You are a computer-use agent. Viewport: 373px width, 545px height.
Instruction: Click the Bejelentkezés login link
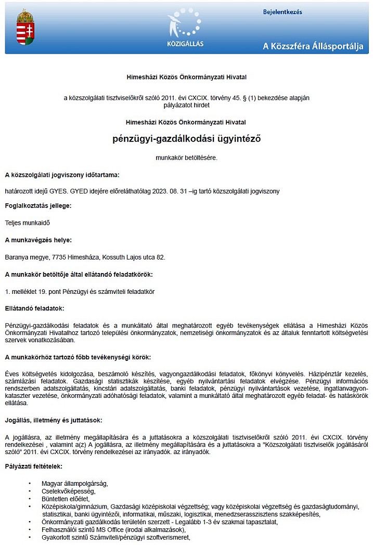[x=282, y=12]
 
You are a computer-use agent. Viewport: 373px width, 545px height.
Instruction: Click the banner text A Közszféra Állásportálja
[x=313, y=46]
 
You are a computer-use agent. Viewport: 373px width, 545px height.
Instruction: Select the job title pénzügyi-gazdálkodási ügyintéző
[x=186, y=139]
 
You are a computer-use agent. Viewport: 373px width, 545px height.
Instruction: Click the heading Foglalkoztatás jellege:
[x=38, y=205]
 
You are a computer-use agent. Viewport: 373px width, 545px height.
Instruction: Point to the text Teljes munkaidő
[x=27, y=223]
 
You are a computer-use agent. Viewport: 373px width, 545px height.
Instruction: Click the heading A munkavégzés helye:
[x=38, y=240]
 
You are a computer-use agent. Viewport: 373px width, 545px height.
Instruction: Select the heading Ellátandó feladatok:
[x=34, y=308]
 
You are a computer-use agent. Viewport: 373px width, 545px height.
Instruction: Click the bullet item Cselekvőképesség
[x=69, y=491]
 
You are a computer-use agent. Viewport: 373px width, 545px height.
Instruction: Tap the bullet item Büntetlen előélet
[x=67, y=499]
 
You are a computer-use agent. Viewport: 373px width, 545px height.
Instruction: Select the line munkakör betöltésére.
[x=186, y=157]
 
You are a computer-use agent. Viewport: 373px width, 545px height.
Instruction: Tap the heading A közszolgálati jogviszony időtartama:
[x=62, y=175]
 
